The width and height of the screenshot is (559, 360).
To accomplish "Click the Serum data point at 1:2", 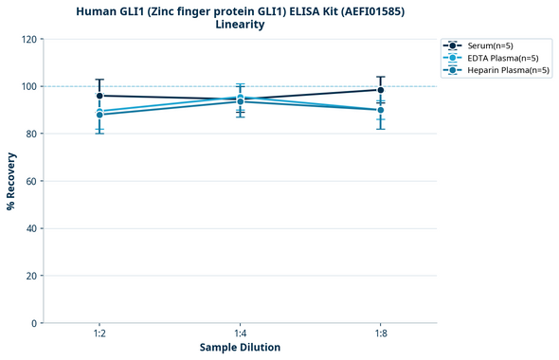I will tap(99, 96).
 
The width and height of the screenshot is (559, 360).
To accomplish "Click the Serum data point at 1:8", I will tap(381, 90).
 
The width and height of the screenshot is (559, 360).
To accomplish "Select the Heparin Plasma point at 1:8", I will tap(381, 110).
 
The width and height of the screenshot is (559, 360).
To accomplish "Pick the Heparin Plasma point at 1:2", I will tap(99, 115).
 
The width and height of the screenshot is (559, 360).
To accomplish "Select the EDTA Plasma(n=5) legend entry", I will tap(496, 58).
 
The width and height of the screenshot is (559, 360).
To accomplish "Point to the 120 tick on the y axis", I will tap(30, 39).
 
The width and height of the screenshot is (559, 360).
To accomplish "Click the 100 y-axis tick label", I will tap(30, 86).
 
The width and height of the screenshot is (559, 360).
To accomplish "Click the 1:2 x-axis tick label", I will tap(99, 333).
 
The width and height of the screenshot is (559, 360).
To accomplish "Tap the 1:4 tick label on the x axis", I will tap(241, 333).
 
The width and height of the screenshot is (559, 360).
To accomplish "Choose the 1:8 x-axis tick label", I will tap(381, 333).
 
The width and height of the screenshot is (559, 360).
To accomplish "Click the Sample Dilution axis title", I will tap(240, 348).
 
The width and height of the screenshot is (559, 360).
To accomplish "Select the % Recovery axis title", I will tap(11, 181).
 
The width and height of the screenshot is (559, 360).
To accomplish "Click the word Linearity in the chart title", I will tap(240, 25).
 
